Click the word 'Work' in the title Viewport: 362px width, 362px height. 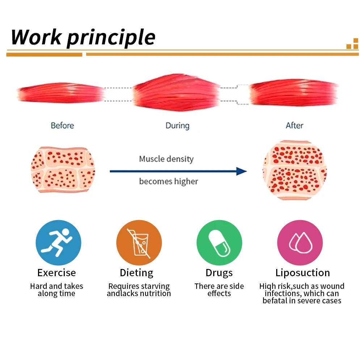coord(36,37)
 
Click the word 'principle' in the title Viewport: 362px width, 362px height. coord(111,38)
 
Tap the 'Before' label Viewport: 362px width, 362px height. coord(62,125)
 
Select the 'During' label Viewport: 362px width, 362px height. coord(177,126)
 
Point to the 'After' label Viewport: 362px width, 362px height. coord(294,125)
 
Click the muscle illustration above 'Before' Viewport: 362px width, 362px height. coord(60,93)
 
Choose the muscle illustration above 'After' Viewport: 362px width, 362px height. coord(294,92)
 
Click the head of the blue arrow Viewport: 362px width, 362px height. coord(241,171)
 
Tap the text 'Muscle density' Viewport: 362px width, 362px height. coord(166,159)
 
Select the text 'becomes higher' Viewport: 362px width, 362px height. coord(169,181)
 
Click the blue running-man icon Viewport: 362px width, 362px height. coord(58,243)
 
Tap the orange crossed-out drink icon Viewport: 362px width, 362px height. coord(139,243)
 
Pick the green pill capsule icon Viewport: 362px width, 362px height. coord(219,243)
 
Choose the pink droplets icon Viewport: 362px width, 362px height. coord(300,243)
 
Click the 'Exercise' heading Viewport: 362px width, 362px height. coord(56,273)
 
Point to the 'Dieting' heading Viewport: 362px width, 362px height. coord(136,273)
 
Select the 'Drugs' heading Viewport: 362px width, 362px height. coord(219,273)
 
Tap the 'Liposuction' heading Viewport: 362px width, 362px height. coord(303,273)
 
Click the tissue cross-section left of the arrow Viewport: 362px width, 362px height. coord(63,170)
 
